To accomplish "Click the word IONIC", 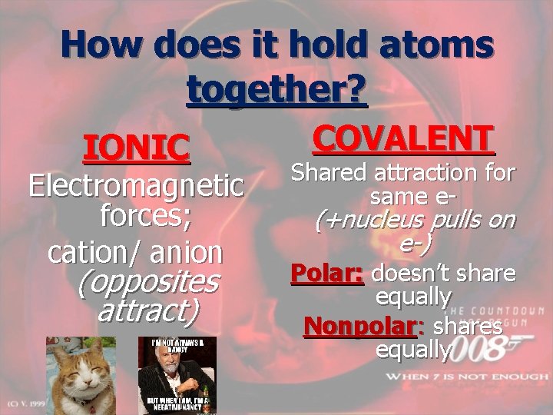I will [x=137, y=148].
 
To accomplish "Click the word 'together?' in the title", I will [x=277, y=90].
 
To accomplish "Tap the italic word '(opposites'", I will [x=148, y=281].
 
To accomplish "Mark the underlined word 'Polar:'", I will [x=327, y=273].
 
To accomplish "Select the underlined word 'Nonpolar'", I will [x=359, y=326].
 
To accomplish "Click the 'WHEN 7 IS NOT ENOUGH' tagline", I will [x=468, y=377].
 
